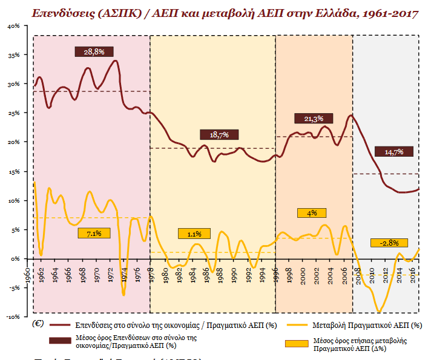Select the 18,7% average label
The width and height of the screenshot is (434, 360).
(x=219, y=134)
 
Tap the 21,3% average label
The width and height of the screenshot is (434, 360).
(x=314, y=118)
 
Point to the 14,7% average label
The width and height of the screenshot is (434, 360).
(x=393, y=152)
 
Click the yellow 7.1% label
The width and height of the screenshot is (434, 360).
(x=94, y=233)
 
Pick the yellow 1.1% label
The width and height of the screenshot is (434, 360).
(x=194, y=234)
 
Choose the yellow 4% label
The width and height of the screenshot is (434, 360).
(x=312, y=213)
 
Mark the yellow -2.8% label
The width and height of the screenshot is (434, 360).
(x=389, y=243)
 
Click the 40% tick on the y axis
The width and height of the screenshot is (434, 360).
(x=13, y=26)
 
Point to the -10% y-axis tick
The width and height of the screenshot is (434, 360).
(x=13, y=316)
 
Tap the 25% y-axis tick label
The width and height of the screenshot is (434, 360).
(x=13, y=113)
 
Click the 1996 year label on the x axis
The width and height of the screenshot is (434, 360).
(x=276, y=271)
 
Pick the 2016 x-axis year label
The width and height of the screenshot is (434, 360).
(x=412, y=271)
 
